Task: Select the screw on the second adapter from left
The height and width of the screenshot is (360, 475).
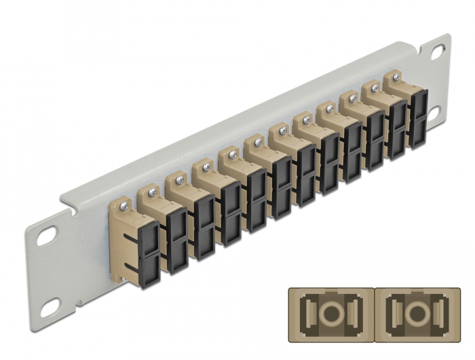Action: [151, 191]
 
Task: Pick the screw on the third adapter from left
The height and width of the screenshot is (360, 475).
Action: [179, 179]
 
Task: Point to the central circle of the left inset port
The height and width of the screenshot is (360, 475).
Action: [330, 316]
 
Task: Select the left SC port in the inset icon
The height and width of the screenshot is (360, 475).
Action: [330, 316]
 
